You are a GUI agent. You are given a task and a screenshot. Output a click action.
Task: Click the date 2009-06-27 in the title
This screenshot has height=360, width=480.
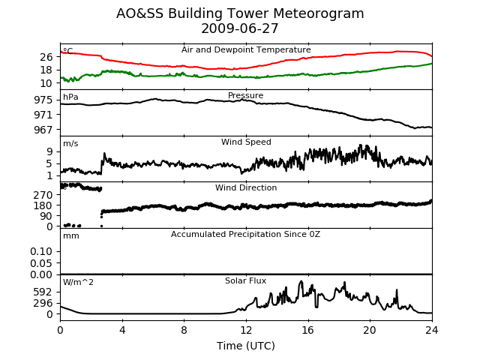[240, 28]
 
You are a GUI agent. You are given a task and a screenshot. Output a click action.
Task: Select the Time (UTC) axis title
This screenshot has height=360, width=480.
[246, 346]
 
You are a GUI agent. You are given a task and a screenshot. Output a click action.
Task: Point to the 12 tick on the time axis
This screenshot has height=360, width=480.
[246, 330]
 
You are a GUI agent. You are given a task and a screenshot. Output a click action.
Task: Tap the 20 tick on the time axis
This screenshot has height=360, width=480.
[370, 330]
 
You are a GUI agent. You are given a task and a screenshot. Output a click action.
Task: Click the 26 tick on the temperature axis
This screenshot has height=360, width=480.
[46, 57]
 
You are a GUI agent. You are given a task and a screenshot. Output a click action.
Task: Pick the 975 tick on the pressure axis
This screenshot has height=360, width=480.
[43, 100]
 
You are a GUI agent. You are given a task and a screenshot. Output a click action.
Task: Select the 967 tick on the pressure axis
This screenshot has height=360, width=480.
[43, 130]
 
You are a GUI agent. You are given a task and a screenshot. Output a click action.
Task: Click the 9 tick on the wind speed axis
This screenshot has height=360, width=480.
[49, 151]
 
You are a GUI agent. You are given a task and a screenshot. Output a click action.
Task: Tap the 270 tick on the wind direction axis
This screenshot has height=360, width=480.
[43, 195]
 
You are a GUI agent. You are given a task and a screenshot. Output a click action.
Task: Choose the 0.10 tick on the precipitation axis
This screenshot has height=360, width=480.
[42, 252]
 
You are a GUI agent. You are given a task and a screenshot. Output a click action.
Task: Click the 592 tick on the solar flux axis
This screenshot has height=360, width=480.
[43, 292]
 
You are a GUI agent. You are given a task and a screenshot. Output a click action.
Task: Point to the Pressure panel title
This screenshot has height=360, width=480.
[246, 95]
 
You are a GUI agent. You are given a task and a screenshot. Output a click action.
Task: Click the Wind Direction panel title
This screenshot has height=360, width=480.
[246, 187]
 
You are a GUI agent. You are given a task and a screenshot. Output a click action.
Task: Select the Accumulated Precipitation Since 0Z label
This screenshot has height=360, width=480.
[245, 234]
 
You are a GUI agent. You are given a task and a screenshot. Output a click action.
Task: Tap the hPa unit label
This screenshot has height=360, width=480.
[70, 97]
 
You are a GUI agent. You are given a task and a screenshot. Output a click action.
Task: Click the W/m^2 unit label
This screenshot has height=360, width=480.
[78, 282]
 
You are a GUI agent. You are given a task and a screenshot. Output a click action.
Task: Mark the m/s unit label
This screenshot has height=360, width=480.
[70, 143]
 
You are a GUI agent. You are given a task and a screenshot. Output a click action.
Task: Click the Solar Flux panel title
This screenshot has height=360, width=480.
[246, 280]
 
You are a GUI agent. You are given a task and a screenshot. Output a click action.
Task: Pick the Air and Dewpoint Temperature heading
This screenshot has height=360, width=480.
[246, 49]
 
